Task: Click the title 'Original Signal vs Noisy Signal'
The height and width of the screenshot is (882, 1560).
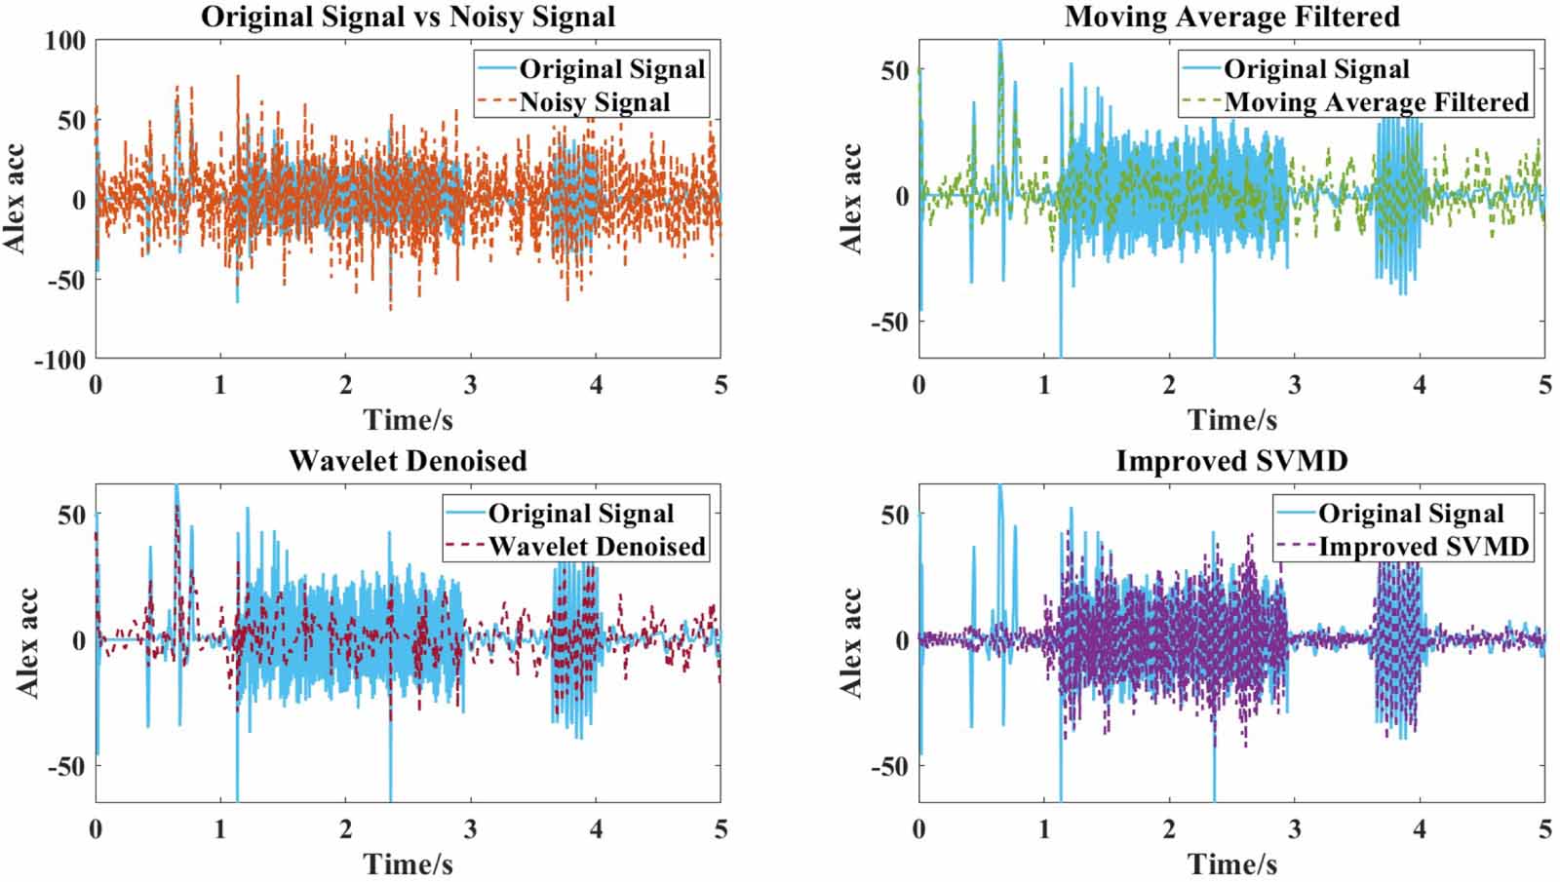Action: (408, 17)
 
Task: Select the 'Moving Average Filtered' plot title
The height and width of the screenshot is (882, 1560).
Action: (1231, 17)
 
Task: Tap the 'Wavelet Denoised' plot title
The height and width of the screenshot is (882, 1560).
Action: (408, 461)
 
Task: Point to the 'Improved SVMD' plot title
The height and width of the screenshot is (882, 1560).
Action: (1231, 461)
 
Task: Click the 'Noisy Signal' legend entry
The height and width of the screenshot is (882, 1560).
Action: (594, 102)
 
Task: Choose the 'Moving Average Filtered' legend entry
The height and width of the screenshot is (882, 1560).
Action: (1376, 102)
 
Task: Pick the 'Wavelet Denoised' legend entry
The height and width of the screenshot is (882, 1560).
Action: (596, 547)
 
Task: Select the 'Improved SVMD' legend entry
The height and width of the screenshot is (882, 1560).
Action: (1423, 547)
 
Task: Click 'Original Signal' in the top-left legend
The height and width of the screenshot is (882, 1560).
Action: (611, 69)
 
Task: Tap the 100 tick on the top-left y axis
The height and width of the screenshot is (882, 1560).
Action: (64, 41)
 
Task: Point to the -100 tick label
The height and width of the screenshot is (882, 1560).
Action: (59, 360)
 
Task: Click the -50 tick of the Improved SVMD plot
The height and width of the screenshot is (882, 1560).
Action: (889, 767)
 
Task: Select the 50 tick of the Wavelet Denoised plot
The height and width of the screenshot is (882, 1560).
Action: (72, 515)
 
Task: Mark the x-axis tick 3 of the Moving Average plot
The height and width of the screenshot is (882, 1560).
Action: (1294, 385)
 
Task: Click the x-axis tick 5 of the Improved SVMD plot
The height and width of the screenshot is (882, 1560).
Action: (1544, 829)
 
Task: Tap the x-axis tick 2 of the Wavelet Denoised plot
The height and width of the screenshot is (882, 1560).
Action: (345, 829)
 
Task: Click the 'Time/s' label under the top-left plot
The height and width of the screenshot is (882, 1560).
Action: (408, 420)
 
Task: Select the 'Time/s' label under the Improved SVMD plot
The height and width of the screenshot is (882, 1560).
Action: (1231, 863)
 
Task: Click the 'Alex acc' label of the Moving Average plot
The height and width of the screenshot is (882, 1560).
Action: (851, 199)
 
